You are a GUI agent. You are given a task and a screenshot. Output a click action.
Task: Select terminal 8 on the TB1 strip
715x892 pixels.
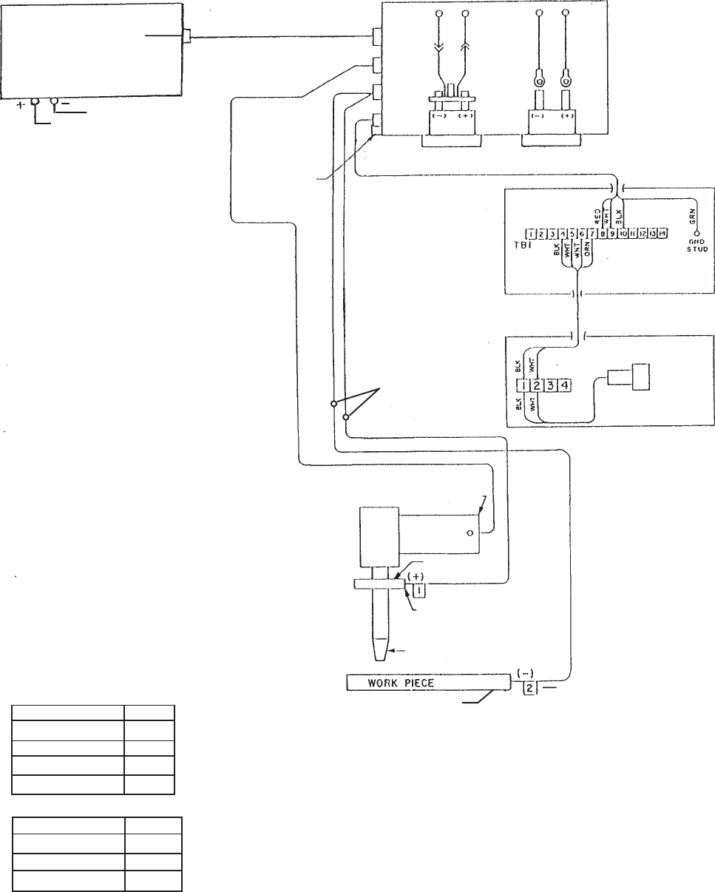point(603,233)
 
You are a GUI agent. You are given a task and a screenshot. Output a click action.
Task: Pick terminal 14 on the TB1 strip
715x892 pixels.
point(663,233)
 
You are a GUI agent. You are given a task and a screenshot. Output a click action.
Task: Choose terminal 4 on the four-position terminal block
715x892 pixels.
point(563,385)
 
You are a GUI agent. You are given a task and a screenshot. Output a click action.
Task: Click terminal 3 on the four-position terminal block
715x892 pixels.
point(551,385)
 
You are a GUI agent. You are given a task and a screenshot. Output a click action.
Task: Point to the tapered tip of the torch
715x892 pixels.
point(379,651)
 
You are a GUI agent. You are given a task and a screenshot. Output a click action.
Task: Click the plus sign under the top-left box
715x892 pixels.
point(19,106)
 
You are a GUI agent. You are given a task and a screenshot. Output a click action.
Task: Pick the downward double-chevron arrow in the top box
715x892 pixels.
point(439,44)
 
